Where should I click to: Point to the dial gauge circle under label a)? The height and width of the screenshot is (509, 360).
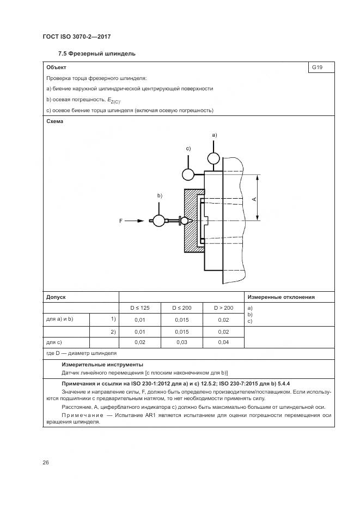pos(213,158)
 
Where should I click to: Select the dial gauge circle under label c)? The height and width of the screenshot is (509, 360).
pos(188,174)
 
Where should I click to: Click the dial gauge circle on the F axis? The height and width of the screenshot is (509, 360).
pos(159,220)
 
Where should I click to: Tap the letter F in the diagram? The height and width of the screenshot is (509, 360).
pos(121,221)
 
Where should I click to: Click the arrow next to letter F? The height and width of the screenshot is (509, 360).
pos(138,221)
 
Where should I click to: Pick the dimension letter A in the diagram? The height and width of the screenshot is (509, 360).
pos(254,199)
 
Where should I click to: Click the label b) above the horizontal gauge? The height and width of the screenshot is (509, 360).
pos(160,195)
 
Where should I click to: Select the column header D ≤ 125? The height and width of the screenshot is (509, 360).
pos(140,308)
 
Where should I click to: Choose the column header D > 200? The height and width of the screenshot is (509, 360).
pos(223,308)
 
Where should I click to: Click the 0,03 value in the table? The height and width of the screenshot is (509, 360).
pos(181,342)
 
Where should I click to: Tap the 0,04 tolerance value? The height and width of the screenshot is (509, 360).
pos(223,342)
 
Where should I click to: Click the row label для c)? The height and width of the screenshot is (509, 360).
pos(54,342)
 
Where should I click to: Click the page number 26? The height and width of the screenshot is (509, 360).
pos(46,462)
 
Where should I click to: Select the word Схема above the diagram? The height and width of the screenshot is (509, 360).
pos(55,121)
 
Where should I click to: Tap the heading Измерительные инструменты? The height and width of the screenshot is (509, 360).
pos(102,364)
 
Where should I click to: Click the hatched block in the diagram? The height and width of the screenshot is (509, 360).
pos(190,220)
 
